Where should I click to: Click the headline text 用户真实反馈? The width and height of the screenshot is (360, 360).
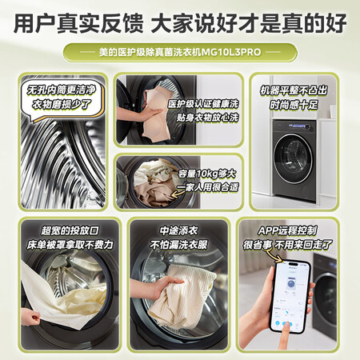78,23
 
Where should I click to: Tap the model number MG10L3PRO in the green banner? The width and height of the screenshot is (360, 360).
230,52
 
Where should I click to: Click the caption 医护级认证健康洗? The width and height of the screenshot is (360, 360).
203,104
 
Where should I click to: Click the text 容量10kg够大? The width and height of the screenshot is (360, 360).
207,174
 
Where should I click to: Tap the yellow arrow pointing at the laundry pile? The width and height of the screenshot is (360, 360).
178,193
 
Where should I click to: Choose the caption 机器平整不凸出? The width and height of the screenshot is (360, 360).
294,90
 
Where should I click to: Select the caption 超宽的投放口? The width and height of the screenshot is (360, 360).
70,230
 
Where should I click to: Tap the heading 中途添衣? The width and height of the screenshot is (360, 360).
178,230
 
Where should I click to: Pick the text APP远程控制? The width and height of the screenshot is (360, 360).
287,230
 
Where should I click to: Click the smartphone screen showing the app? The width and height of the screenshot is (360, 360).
290,296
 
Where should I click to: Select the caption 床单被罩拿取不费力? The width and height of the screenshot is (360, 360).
70,245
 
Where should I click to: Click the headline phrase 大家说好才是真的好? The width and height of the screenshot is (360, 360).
249,23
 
